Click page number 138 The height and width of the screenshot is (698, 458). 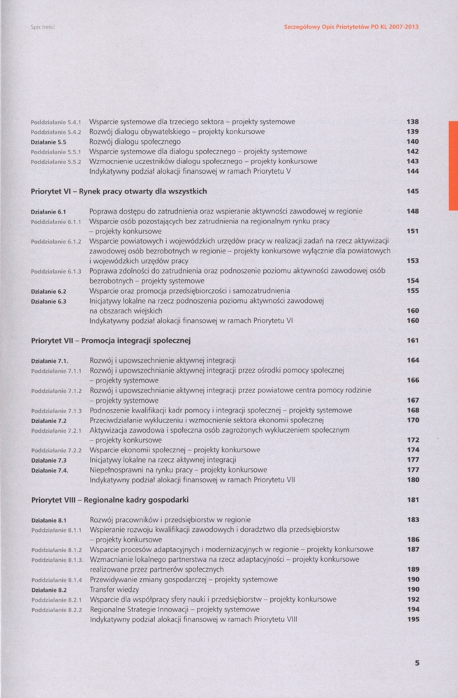pyautogui.click(x=412, y=121)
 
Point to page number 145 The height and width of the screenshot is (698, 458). pyautogui.click(x=412, y=191)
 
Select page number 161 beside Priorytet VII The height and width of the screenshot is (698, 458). pyautogui.click(x=412, y=341)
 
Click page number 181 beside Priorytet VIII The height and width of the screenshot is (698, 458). pyautogui.click(x=412, y=500)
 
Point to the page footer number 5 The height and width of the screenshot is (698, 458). pyautogui.click(x=416, y=664)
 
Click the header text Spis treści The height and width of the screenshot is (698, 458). pyautogui.click(x=43, y=28)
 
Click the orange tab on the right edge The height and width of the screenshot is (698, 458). pyautogui.click(x=452, y=165)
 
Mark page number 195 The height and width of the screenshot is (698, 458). pyautogui.click(x=412, y=619)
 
